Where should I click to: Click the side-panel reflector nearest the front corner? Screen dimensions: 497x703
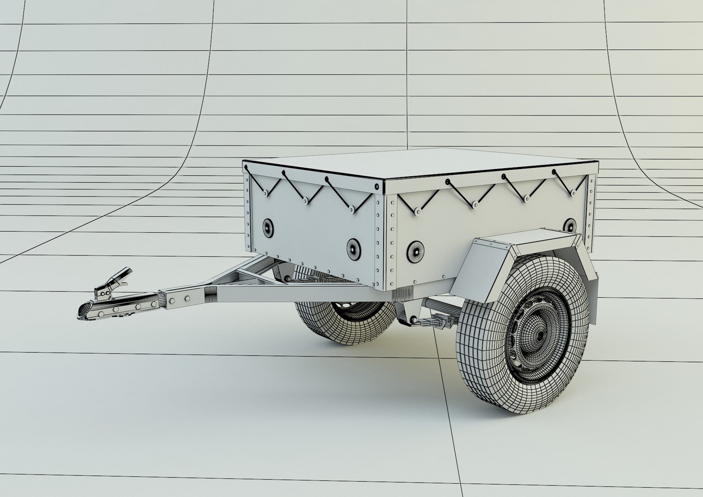click(414, 250)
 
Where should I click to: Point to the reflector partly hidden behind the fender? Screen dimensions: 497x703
click(569, 225)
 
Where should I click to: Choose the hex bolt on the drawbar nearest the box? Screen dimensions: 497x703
click(187, 299)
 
